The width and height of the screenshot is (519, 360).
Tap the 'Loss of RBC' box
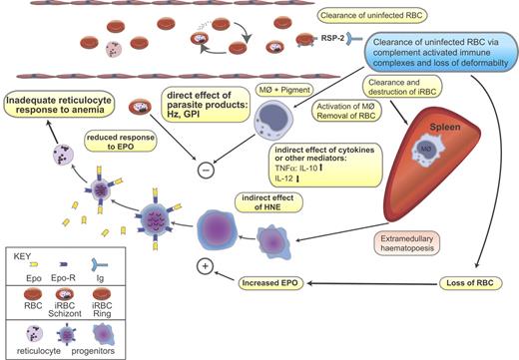[470, 284]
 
